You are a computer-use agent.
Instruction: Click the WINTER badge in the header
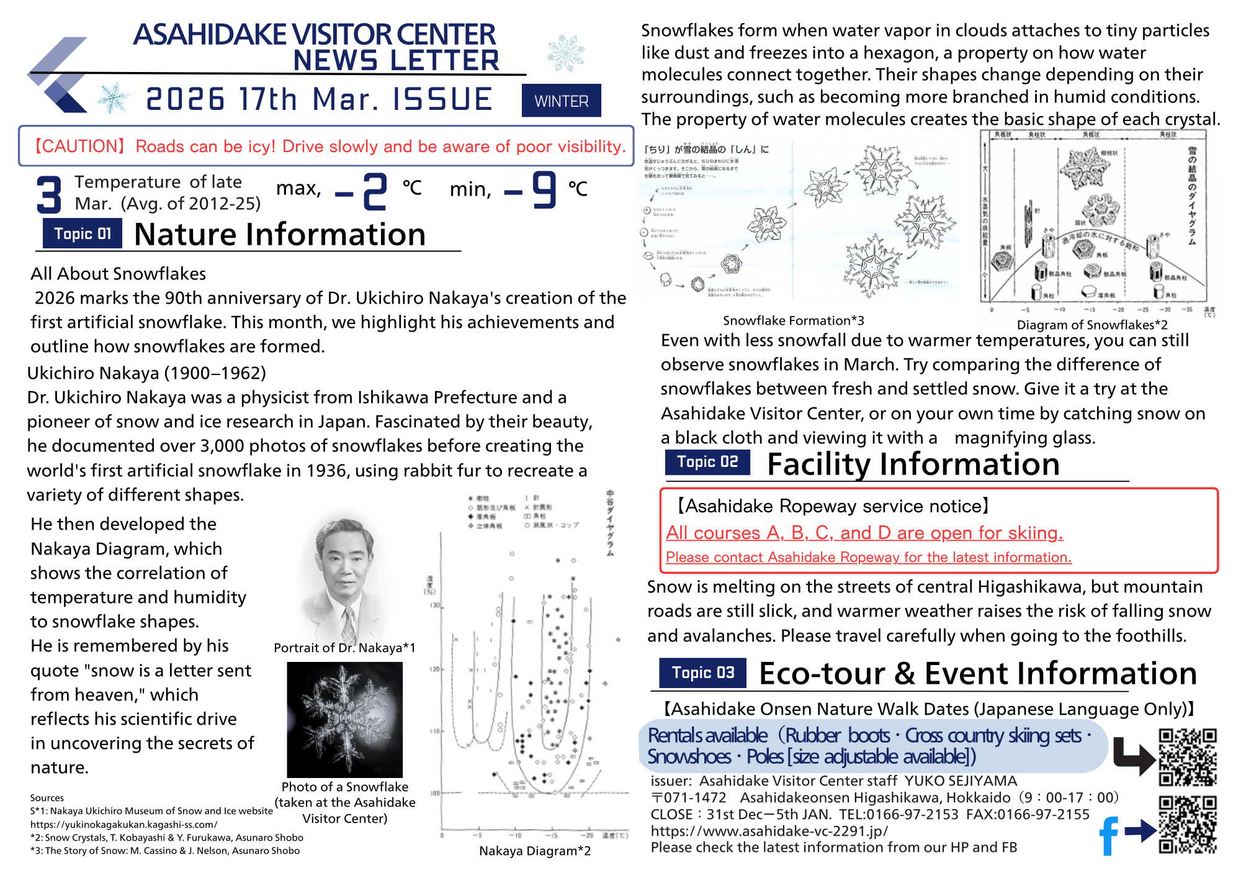[x=561, y=101]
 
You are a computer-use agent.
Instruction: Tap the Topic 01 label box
[x=83, y=234]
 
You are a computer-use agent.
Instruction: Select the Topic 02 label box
[x=707, y=462]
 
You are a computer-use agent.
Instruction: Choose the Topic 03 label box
[x=702, y=672]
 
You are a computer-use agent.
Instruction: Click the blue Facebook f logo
[x=1108, y=835]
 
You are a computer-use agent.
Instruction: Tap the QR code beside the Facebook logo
[x=1188, y=825]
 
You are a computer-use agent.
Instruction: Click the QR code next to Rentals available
[x=1188, y=758]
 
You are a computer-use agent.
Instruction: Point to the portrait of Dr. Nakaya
[x=345, y=577]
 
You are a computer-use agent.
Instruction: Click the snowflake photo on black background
[x=345, y=719]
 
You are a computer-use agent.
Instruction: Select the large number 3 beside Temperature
[x=49, y=194]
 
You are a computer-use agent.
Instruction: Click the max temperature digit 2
[x=375, y=191]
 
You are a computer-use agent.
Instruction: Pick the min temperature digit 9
[x=544, y=190]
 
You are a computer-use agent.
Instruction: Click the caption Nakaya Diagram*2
[x=535, y=851]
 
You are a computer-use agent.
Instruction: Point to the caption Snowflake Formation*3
[x=793, y=320]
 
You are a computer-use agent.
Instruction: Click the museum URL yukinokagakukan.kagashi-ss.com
[x=124, y=825]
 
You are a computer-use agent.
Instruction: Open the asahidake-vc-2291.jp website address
[x=769, y=831]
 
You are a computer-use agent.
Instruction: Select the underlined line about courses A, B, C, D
[x=864, y=533]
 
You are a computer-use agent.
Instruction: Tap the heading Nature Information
[x=280, y=235]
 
